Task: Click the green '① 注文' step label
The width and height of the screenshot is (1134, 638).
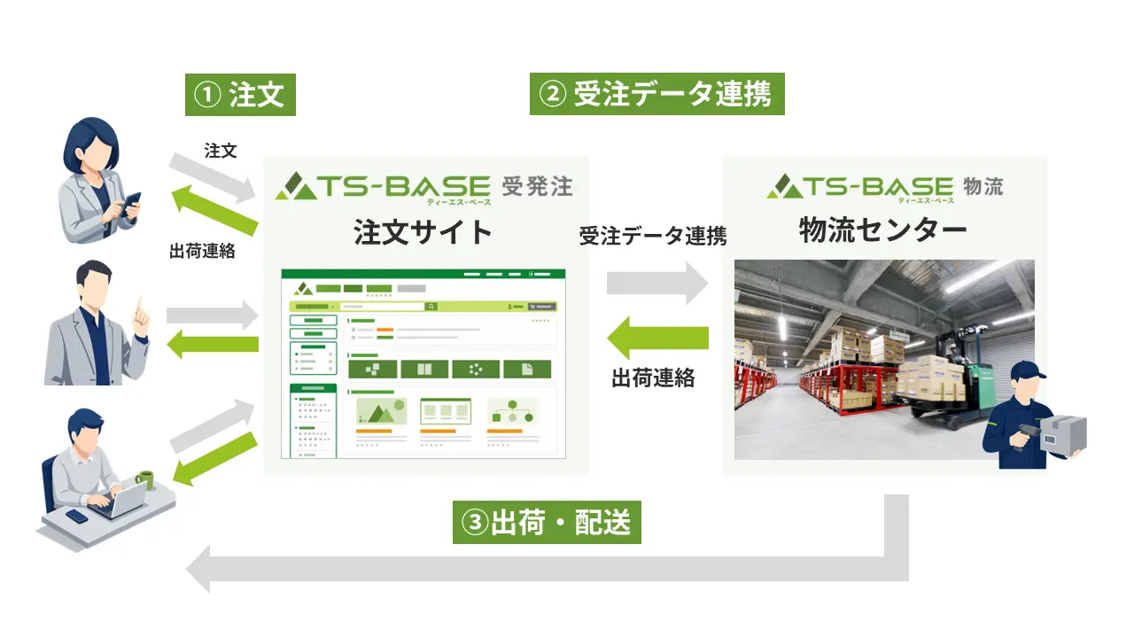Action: [240, 95]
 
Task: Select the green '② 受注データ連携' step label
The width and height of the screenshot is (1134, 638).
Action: [657, 94]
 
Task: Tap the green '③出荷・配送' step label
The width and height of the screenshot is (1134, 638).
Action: [547, 522]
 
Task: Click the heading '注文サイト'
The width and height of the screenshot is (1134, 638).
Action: [423, 232]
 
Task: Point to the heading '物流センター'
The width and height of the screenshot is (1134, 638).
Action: [883, 230]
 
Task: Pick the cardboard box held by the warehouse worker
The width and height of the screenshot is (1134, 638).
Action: [1063, 433]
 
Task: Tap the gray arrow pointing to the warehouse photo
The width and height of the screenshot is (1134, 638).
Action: [657, 283]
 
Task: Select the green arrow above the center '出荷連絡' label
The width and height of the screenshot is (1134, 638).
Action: [657, 338]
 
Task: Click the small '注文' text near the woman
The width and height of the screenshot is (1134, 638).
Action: [221, 151]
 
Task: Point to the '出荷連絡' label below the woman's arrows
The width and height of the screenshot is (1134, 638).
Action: [202, 251]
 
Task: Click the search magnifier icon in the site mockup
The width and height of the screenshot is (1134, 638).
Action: [431, 307]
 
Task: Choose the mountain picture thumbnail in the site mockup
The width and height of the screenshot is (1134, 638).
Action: [382, 411]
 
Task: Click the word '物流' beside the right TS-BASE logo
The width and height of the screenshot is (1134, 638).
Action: [983, 186]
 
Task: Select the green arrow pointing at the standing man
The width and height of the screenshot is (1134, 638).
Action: [213, 345]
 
